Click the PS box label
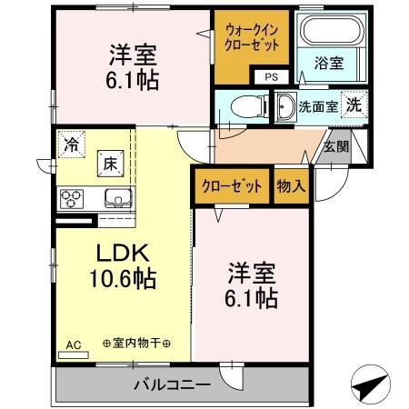(x=271, y=77)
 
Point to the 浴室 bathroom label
(x=328, y=63)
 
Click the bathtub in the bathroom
(x=330, y=32)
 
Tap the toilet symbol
(x=242, y=105)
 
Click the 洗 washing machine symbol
(x=353, y=104)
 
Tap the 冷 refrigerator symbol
(x=72, y=144)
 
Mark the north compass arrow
(x=367, y=385)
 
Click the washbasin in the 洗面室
(x=284, y=105)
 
